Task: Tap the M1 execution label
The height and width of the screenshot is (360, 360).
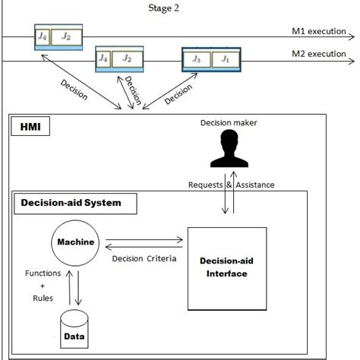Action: (x=319, y=32)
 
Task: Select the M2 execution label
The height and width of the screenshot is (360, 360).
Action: (x=319, y=54)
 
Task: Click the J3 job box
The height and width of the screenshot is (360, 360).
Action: (x=197, y=58)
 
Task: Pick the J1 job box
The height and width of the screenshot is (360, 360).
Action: (x=224, y=58)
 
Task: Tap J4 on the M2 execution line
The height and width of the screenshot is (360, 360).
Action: (x=104, y=58)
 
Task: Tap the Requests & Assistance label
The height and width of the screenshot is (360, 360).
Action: (x=227, y=185)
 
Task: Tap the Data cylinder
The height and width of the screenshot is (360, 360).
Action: (x=74, y=332)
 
